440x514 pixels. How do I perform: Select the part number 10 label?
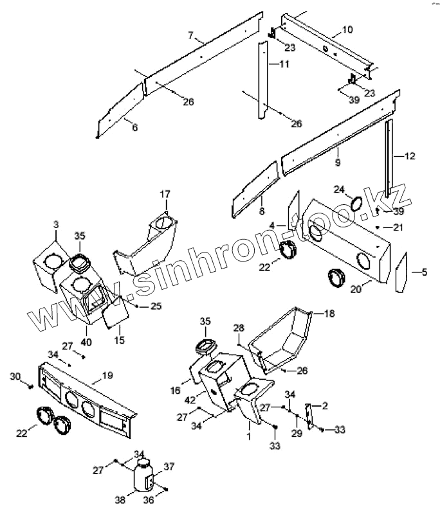coord(347,30)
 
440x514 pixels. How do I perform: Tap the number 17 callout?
coord(165,193)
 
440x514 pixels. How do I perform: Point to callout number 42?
coord(190,400)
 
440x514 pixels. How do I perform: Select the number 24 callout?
coord(339,189)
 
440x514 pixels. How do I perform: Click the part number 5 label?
coord(424,272)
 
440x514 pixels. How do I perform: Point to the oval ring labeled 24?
coord(356,204)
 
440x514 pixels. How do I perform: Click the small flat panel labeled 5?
coord(400,272)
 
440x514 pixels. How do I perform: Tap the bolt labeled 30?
coord(30,386)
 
